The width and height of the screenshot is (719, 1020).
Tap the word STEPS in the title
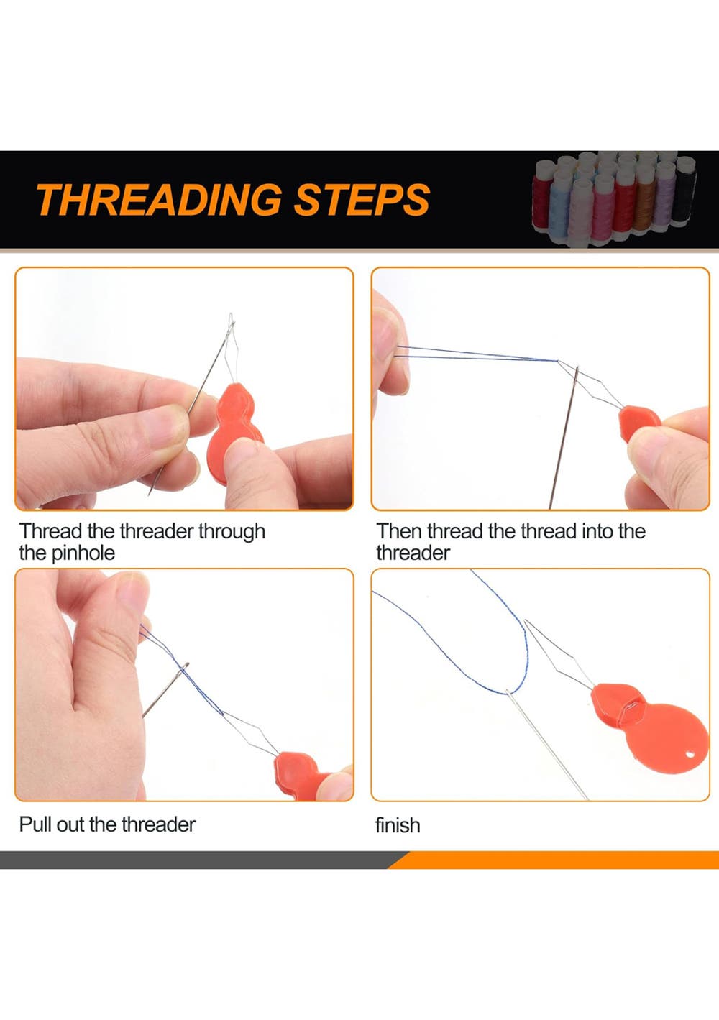tap(362, 199)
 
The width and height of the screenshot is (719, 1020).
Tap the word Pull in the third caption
tap(35, 824)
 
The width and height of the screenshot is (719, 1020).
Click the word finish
tap(398, 825)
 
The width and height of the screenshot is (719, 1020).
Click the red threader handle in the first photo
tap(233, 433)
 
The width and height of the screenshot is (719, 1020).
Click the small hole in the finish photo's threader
tap(692, 755)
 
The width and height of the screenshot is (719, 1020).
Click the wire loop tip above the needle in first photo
tap(232, 315)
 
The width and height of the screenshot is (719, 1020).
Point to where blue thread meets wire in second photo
tap(557, 361)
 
